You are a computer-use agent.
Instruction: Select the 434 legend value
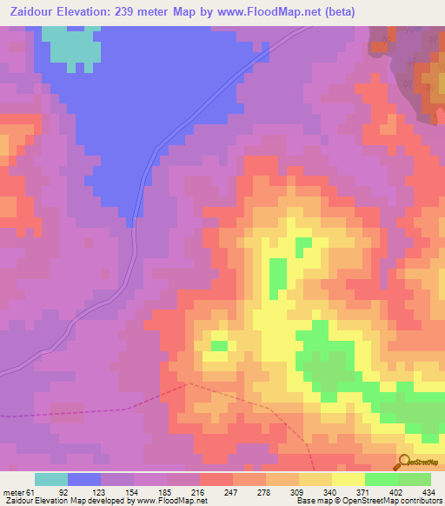tap(427, 491)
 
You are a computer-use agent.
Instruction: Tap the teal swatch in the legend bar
tap(51, 479)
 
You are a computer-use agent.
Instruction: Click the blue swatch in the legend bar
tap(84, 479)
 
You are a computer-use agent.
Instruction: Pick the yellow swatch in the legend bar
tap(348, 479)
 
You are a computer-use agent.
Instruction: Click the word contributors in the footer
tap(417, 501)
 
